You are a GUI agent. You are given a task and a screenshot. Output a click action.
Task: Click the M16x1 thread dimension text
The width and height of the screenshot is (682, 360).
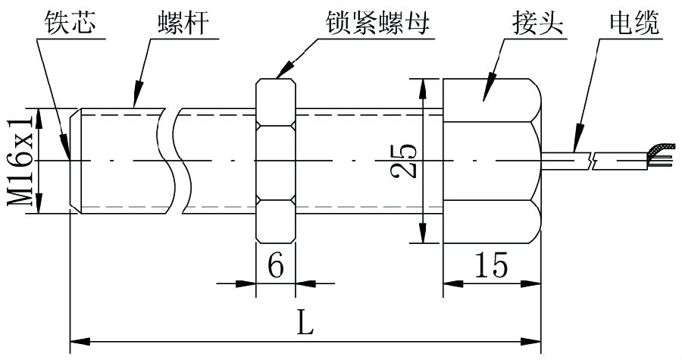click(x=20, y=161)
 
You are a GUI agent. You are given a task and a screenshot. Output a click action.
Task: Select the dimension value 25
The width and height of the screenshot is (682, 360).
click(x=407, y=160)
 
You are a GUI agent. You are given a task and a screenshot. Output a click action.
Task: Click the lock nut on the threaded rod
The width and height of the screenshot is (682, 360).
click(x=276, y=161)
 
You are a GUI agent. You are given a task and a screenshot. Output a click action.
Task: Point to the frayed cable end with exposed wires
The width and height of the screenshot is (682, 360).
click(x=657, y=156)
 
